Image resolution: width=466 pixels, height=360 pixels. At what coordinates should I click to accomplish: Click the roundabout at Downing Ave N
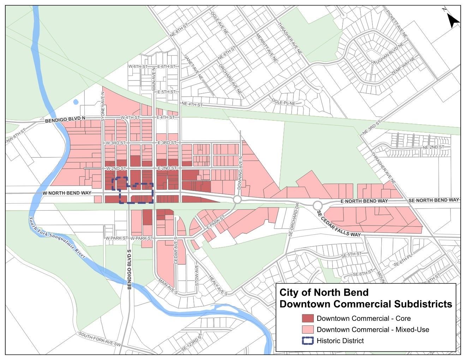[x=237, y=200]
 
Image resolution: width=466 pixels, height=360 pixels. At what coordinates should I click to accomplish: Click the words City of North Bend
[x=324, y=292]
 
